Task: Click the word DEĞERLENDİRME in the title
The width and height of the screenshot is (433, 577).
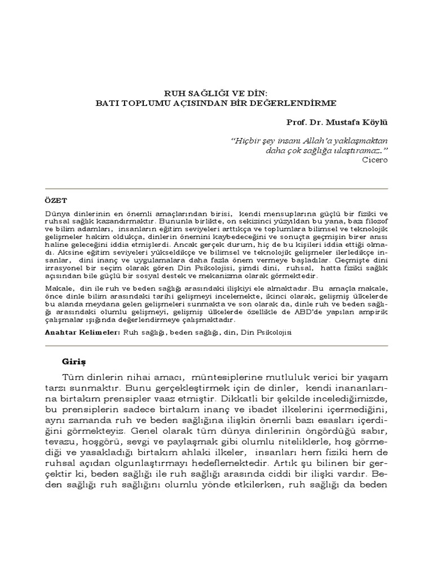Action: tap(298, 104)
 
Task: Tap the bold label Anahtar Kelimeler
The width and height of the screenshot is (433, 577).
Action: tap(82, 333)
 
